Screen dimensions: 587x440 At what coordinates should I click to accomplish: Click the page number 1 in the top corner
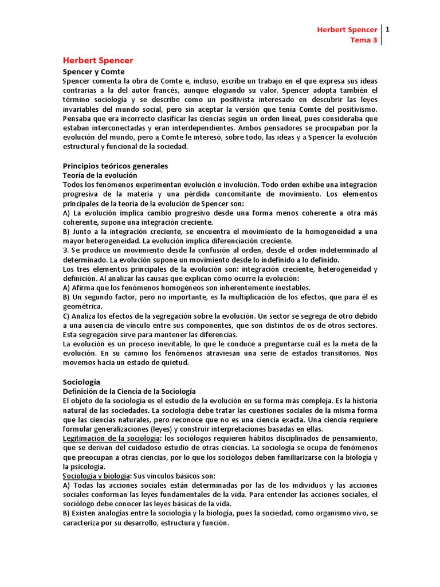coord(388,29)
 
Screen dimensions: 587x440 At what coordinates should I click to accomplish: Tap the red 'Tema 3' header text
coord(364,40)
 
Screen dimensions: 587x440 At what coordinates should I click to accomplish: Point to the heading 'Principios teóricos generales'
coord(115,166)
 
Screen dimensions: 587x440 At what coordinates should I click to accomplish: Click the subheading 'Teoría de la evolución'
coord(100,175)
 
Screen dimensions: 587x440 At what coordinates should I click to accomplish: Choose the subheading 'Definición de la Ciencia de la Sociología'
coord(129,391)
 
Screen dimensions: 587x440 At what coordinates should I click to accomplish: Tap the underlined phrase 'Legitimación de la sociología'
coord(111,438)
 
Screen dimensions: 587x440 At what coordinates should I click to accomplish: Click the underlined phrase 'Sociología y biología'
coord(96,476)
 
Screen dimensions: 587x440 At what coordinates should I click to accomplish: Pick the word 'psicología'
coord(91,466)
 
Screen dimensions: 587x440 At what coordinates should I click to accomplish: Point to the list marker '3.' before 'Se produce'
coord(65,250)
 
